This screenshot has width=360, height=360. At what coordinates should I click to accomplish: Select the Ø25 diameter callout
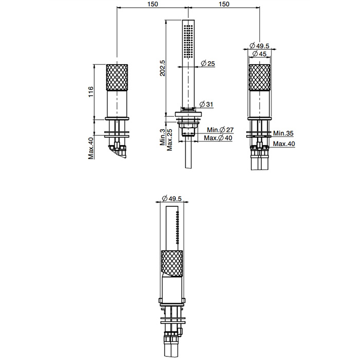(x=207, y=63)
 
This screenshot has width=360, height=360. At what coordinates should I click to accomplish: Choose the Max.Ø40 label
(x=218, y=138)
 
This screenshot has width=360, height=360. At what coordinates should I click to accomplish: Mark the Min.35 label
(x=283, y=133)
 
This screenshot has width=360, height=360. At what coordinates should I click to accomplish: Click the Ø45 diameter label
(x=259, y=55)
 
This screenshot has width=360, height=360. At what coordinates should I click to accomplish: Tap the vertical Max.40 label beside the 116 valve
(x=91, y=148)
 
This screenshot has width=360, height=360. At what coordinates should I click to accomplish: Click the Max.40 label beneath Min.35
(x=284, y=143)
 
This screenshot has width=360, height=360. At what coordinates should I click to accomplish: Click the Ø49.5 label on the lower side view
(x=171, y=199)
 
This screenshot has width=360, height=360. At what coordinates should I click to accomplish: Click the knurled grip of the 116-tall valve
(x=118, y=77)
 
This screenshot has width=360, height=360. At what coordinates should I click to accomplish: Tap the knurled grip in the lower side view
(x=172, y=263)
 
